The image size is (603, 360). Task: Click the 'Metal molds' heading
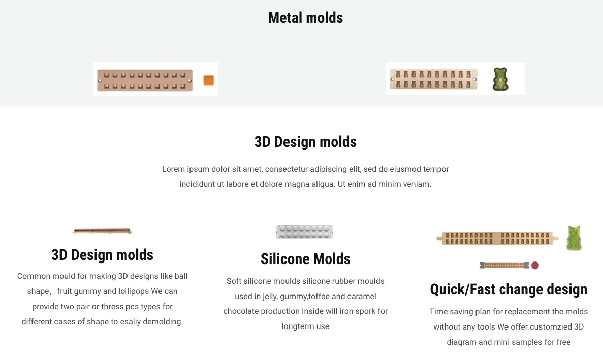coord(305,18)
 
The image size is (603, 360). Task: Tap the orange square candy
coord(208,80)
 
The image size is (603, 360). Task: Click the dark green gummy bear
coord(500,79)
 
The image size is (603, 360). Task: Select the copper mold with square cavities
coord(145,80)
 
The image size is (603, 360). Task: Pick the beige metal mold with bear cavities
coord(433,80)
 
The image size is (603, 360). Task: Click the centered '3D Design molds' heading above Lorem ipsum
coord(305,141)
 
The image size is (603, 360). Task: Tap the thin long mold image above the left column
coord(102,231)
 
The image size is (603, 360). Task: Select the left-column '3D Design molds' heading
coord(102,254)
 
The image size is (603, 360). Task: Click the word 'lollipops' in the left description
coord(134,291)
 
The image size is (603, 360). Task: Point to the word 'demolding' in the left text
coord(163,321)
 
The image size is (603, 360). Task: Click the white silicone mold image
coord(304,232)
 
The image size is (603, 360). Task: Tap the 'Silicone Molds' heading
coord(305,259)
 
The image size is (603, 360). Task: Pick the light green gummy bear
coord(574,238)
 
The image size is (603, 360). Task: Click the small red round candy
coord(535,265)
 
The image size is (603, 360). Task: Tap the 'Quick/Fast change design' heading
coord(509,289)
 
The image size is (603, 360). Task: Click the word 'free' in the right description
coord(563,342)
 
